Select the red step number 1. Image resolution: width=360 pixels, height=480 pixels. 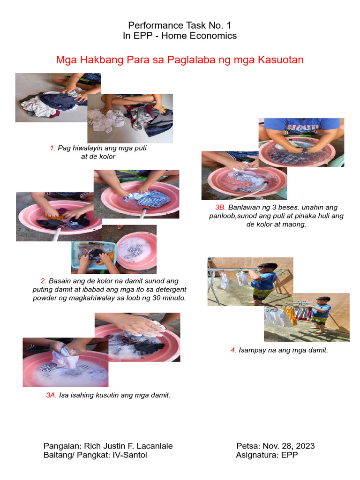(x=52, y=148)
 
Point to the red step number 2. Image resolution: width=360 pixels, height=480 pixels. (x=44, y=281)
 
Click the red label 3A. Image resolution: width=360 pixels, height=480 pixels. (x=51, y=395)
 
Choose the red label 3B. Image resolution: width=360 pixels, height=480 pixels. (x=220, y=208)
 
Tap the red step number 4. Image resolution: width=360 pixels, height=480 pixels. (x=233, y=350)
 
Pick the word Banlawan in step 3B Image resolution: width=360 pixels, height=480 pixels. (x=240, y=208)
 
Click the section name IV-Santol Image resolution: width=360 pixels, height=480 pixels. (x=130, y=455)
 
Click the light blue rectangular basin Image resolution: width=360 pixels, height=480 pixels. (x=94, y=255)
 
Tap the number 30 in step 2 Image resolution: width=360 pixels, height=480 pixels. (x=156, y=298)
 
